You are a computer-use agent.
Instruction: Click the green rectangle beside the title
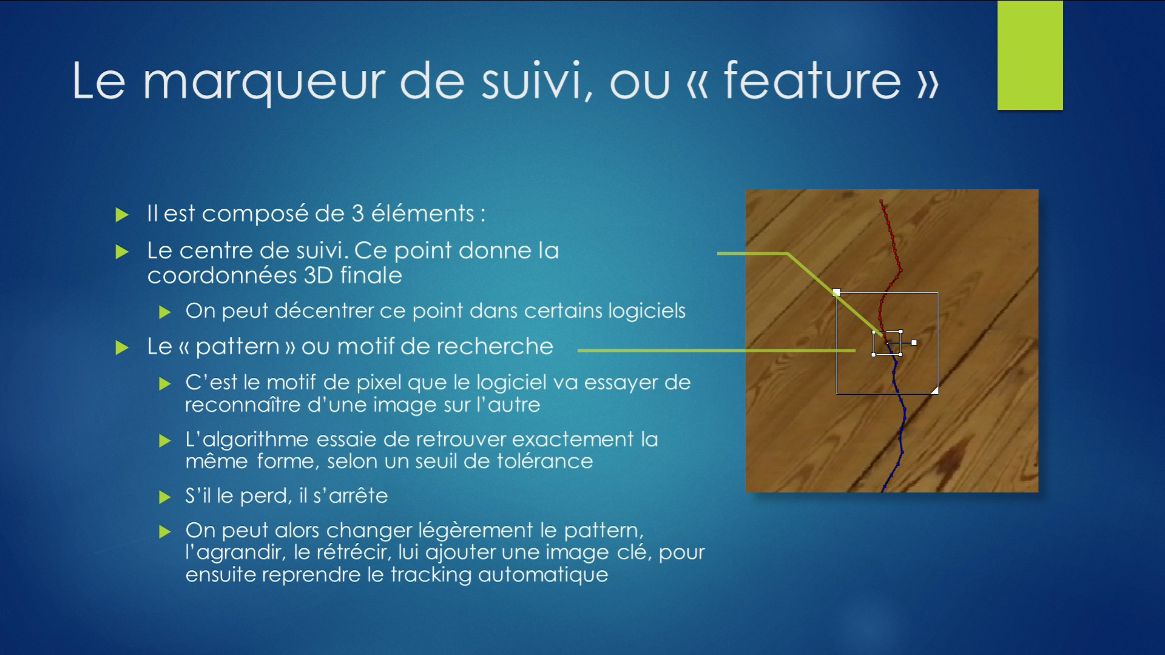[1030, 55]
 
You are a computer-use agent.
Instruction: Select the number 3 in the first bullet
[357, 213]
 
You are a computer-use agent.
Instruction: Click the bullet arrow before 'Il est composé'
[122, 215]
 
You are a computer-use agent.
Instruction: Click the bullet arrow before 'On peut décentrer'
[164, 312]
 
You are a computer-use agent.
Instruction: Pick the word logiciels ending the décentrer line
[647, 311]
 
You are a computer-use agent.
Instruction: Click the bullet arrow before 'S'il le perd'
[164, 497]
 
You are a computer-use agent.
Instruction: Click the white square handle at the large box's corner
[837, 292]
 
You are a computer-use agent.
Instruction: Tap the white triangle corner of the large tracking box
[935, 390]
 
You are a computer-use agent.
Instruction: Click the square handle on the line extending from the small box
[914, 343]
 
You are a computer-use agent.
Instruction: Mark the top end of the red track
[881, 201]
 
